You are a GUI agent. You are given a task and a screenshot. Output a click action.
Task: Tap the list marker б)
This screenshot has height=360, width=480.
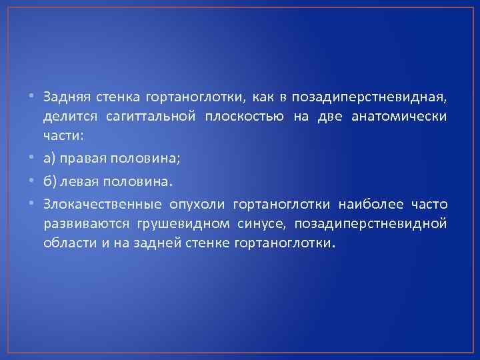click(51, 179)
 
